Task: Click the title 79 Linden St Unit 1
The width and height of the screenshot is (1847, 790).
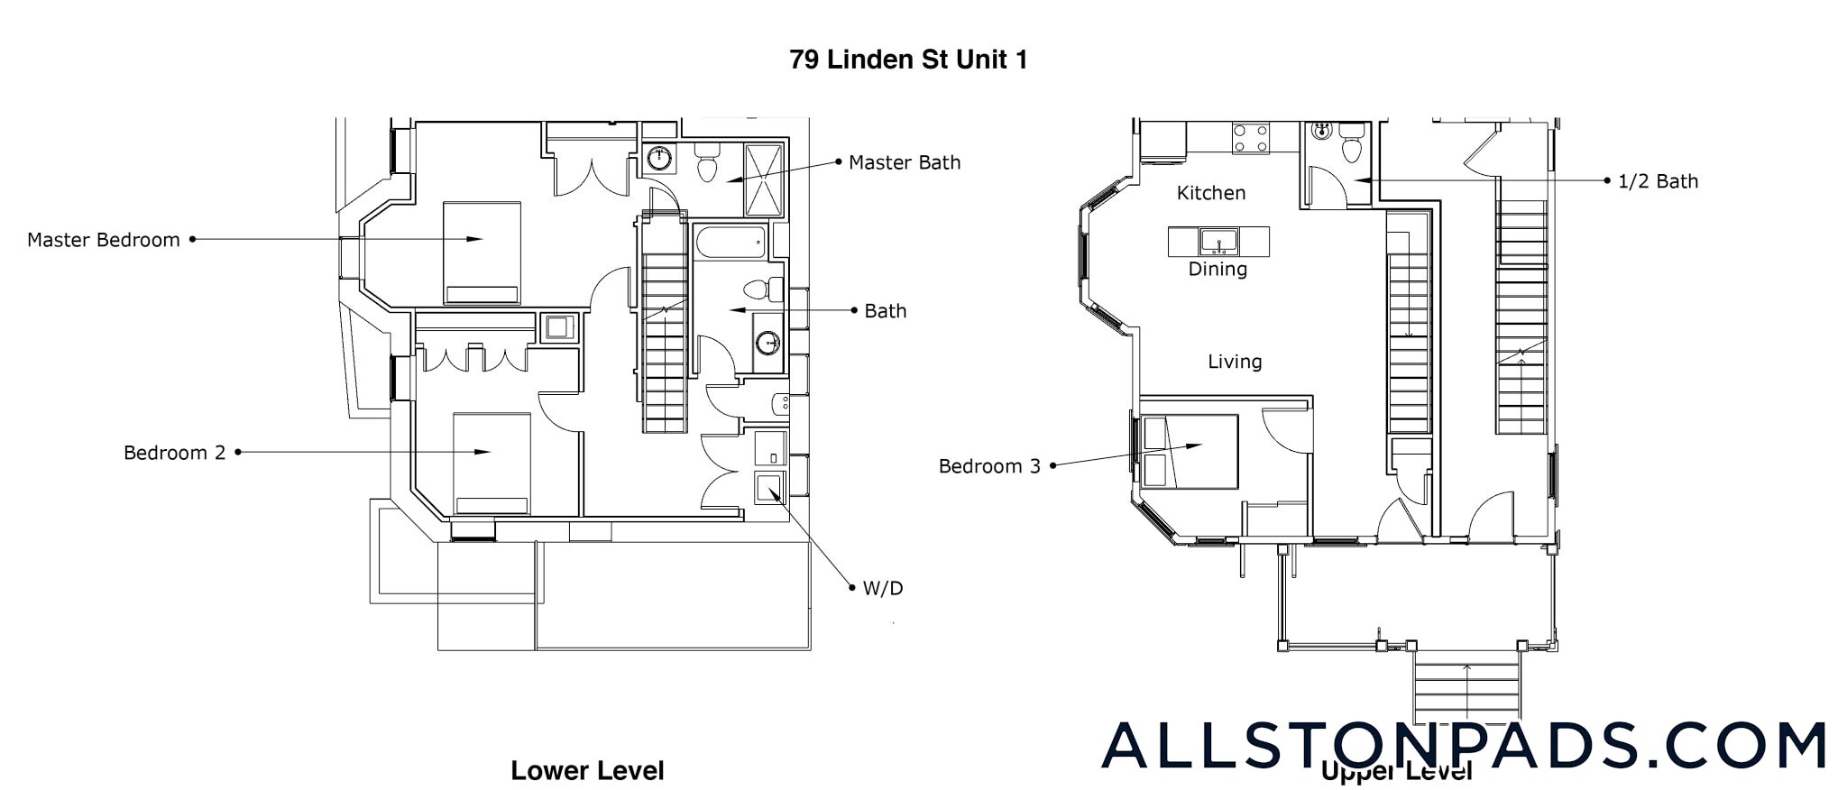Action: [908, 60]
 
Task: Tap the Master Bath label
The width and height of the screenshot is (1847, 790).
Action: [905, 162]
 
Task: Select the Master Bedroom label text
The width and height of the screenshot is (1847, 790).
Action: [103, 240]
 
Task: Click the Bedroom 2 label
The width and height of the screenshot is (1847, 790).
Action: [174, 453]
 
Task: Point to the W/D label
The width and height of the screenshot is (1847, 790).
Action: [882, 589]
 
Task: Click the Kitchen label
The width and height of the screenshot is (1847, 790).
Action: [1211, 193]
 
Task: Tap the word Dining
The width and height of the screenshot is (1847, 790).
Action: [1218, 269]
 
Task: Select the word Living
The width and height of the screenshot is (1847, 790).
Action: [1235, 362]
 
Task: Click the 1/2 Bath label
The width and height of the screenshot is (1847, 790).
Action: [1658, 181]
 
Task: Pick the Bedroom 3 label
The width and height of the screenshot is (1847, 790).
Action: [989, 466]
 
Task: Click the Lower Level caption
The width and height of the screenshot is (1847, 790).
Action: [587, 770]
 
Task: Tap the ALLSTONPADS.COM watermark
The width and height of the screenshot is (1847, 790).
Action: [1464, 746]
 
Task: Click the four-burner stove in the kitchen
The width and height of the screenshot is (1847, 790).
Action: [1251, 138]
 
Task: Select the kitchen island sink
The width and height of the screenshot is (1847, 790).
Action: [1218, 242]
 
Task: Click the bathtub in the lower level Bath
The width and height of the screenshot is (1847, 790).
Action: [731, 242]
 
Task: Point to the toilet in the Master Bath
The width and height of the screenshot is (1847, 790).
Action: [707, 166]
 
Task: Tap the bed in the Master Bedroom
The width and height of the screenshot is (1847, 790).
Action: [482, 253]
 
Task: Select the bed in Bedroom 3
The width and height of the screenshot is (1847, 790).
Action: [1189, 451]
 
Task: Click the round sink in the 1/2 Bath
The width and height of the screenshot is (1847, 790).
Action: [1322, 132]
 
